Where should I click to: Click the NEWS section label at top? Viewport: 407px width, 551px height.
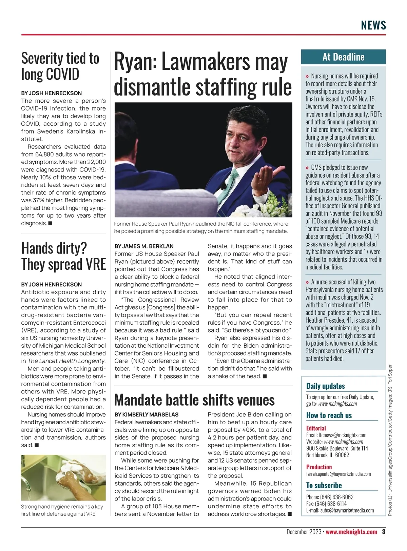[373, 25]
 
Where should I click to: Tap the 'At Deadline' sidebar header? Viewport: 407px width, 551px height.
[343, 57]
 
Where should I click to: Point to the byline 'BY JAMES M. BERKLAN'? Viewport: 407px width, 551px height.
[144, 246]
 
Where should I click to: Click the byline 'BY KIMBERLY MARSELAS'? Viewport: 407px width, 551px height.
[146, 414]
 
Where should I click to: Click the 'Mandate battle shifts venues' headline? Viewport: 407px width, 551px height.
[194, 400]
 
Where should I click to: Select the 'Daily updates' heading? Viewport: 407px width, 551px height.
[325, 386]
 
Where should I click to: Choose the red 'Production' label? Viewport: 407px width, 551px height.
[319, 467]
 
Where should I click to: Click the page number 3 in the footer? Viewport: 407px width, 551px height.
[384, 532]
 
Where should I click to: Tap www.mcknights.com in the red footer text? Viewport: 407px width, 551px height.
[351, 532]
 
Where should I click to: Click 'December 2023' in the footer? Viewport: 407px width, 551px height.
[304, 532]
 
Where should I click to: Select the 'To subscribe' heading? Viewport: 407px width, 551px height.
[324, 485]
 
